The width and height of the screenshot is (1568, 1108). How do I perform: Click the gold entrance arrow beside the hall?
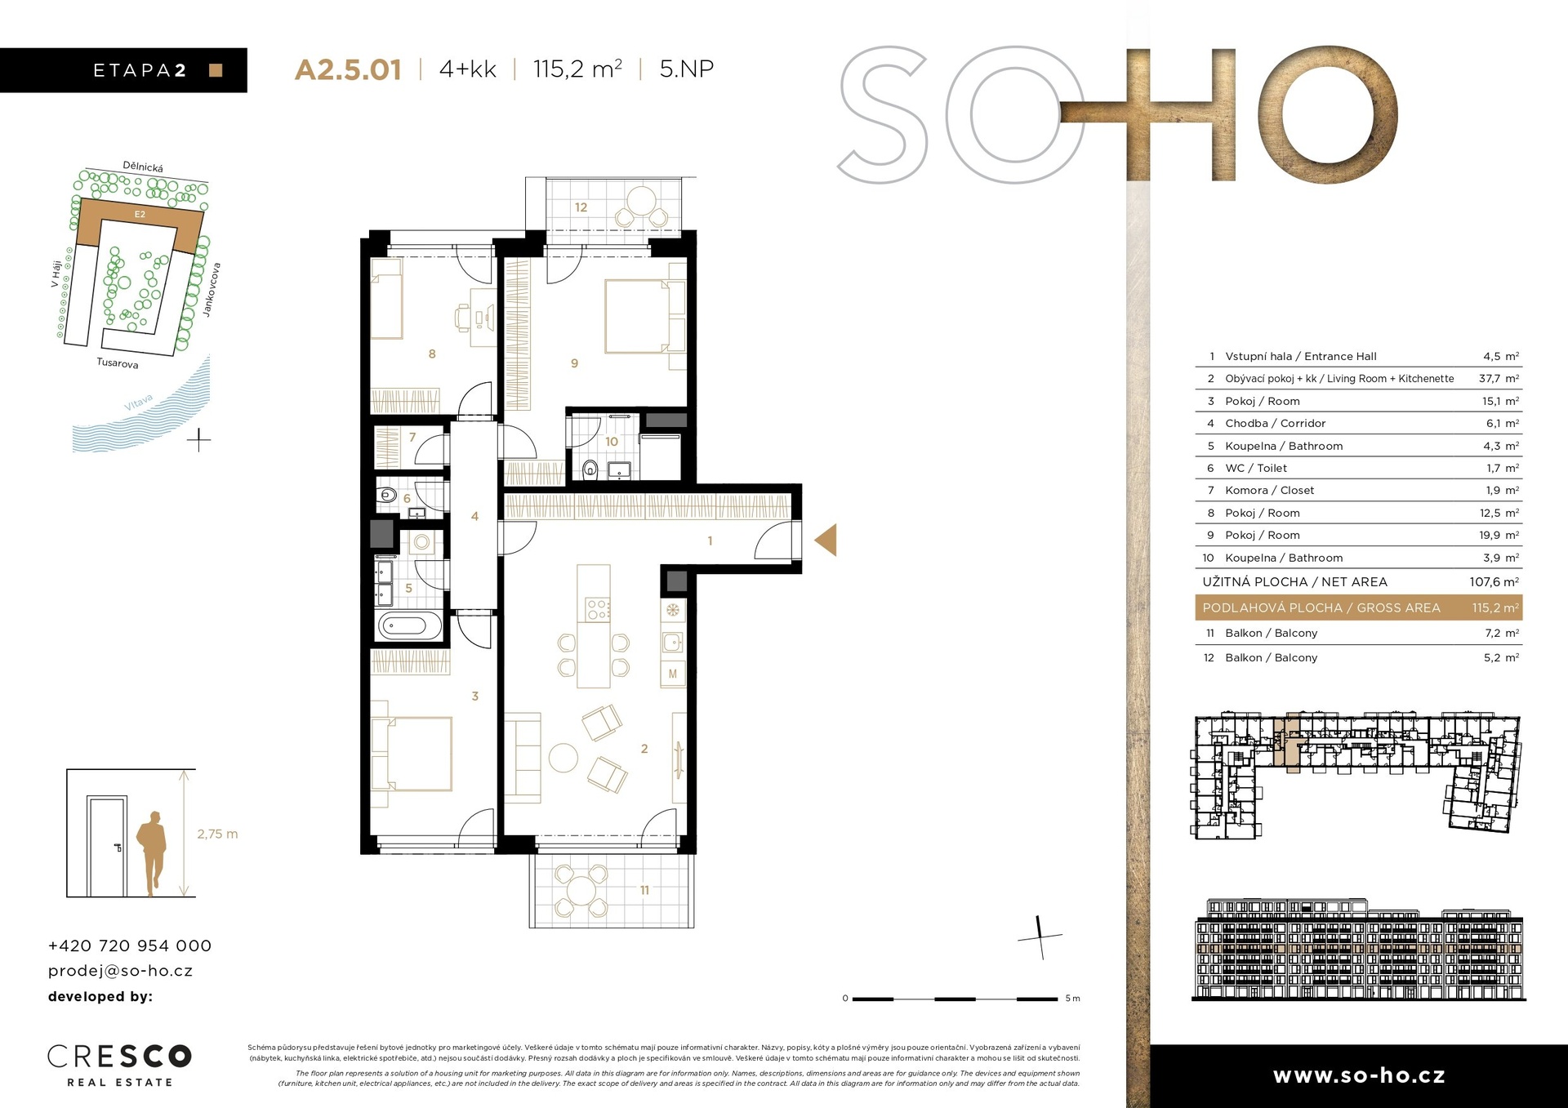[x=826, y=540]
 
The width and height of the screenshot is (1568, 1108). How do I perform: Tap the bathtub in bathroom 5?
[x=403, y=626]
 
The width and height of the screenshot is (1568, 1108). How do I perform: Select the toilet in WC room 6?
[x=386, y=495]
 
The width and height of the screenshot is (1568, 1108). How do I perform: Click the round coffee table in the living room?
[x=563, y=757]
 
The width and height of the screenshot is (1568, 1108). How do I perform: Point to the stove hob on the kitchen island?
[x=597, y=609]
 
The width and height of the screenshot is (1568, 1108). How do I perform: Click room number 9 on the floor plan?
[x=574, y=363]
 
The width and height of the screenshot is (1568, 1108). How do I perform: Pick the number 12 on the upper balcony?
[x=581, y=207]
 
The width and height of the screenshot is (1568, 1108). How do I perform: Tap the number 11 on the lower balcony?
[x=644, y=890]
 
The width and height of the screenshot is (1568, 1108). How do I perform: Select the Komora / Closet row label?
[x=1269, y=490]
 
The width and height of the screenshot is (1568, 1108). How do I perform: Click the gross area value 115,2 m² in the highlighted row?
[x=1495, y=607]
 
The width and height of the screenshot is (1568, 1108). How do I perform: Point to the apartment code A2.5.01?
[x=348, y=69]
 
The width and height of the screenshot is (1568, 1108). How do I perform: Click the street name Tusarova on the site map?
[x=118, y=363]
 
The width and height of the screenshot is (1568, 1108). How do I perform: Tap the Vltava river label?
[x=139, y=402]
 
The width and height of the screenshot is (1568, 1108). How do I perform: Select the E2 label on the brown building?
[x=140, y=214]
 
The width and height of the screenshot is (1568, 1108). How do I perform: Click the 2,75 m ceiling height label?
[x=217, y=834]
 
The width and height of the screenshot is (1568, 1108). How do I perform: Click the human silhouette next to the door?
[x=151, y=853]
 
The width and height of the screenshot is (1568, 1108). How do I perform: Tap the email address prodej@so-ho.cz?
[x=120, y=971]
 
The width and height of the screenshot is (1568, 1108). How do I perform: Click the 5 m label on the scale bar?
[x=1072, y=999]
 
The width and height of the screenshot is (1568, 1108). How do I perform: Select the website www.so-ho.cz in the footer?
[x=1359, y=1075]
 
